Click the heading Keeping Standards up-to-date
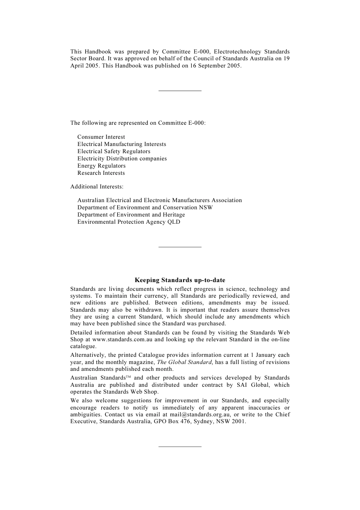(x=180, y=280)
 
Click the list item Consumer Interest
(x=101, y=137)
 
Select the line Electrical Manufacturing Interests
(x=122, y=144)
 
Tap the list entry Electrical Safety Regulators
(x=114, y=151)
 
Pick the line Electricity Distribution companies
(x=122, y=158)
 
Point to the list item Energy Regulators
(x=101, y=166)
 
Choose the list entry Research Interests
(x=101, y=173)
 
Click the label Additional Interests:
(x=97, y=187)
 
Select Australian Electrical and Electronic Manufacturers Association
(x=160, y=200)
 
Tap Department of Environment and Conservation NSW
(x=145, y=207)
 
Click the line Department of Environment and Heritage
(x=131, y=215)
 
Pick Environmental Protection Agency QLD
(x=129, y=222)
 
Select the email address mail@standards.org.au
(x=200, y=414)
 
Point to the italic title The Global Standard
(x=184, y=362)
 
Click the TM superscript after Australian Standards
(x=128, y=377)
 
